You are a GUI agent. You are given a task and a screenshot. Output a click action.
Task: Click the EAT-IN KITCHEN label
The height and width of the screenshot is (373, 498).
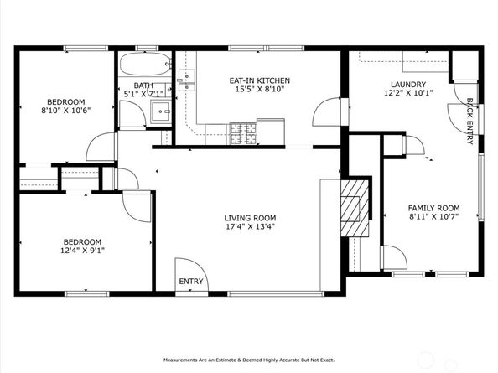(257, 81)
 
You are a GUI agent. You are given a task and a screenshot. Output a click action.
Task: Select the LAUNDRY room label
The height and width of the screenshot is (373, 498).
(408, 85)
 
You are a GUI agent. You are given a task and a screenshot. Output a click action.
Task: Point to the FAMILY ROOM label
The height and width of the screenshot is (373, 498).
(433, 208)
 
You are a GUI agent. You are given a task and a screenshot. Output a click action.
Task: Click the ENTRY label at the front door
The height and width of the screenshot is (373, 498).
(191, 282)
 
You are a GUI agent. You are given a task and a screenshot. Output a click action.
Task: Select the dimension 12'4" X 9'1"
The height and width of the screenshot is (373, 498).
(83, 250)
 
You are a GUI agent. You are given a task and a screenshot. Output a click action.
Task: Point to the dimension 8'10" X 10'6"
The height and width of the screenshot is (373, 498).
(65, 109)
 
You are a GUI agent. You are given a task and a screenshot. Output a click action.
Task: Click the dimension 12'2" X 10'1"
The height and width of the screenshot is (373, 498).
(408, 95)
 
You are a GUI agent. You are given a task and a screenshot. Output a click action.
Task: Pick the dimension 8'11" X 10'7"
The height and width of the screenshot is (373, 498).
(433, 218)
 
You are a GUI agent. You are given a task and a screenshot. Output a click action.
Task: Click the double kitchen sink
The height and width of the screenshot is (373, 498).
(186, 80)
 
